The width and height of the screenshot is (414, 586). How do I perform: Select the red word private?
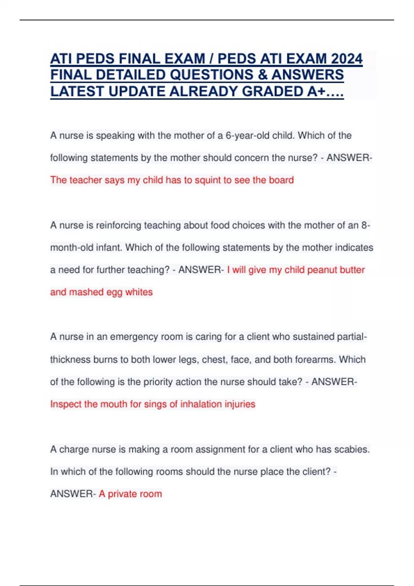click(122, 494)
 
